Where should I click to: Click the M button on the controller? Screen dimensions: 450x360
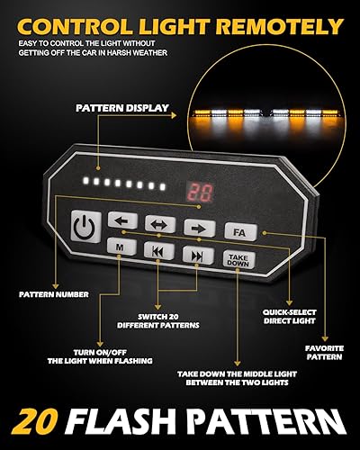pyautogui.click(x=120, y=245)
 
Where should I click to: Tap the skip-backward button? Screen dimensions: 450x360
pyautogui.click(x=157, y=250)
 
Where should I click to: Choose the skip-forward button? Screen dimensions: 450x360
pyautogui.click(x=195, y=256)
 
